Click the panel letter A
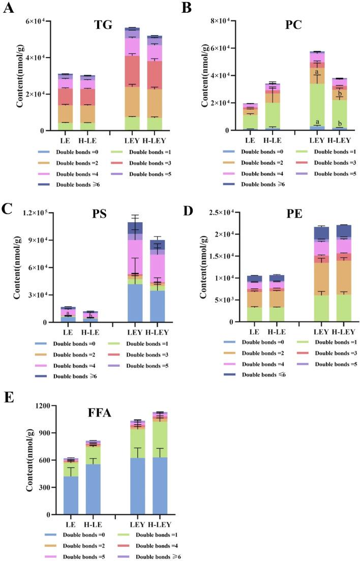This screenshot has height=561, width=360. tap(8, 10)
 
